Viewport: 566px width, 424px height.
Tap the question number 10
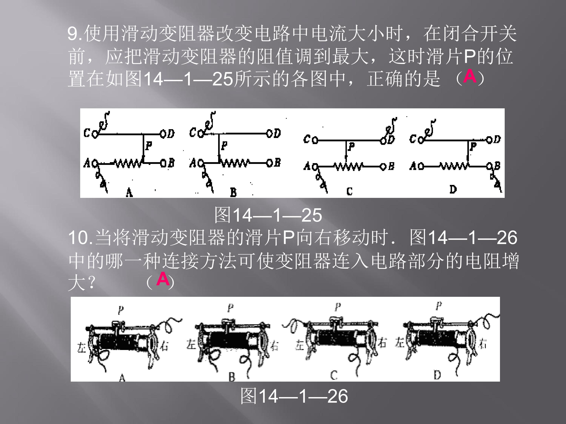(78, 238)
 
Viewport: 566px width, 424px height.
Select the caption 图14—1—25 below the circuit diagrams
(268, 215)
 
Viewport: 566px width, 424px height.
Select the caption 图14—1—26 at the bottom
(294, 396)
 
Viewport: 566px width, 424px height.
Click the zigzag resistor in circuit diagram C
(349, 167)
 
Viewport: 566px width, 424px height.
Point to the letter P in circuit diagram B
(224, 146)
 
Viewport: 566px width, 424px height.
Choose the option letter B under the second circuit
(233, 192)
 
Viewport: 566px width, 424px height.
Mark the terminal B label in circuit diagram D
(497, 166)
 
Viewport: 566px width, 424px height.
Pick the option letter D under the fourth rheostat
(437, 375)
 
